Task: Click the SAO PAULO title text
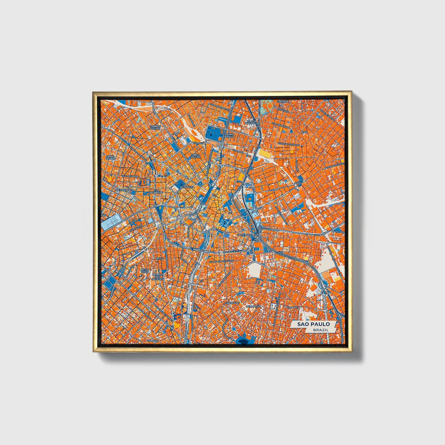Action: tap(314, 324)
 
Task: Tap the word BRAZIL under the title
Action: tap(320, 330)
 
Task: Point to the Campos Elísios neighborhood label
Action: tap(156, 127)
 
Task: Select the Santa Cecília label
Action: tap(110, 157)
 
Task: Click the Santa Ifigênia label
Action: tap(196, 156)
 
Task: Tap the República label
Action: tap(187, 187)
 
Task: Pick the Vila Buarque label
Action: tap(156, 191)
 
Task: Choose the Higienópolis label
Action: tap(124, 190)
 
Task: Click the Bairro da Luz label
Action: tap(229, 136)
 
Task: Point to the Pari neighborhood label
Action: tap(305, 132)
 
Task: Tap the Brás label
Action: tap(297, 183)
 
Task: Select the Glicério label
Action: tap(243, 235)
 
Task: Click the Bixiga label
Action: tap(160, 258)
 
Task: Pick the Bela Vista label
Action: tap(144, 271)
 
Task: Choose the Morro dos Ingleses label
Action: tap(157, 277)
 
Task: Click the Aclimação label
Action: tap(253, 307)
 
